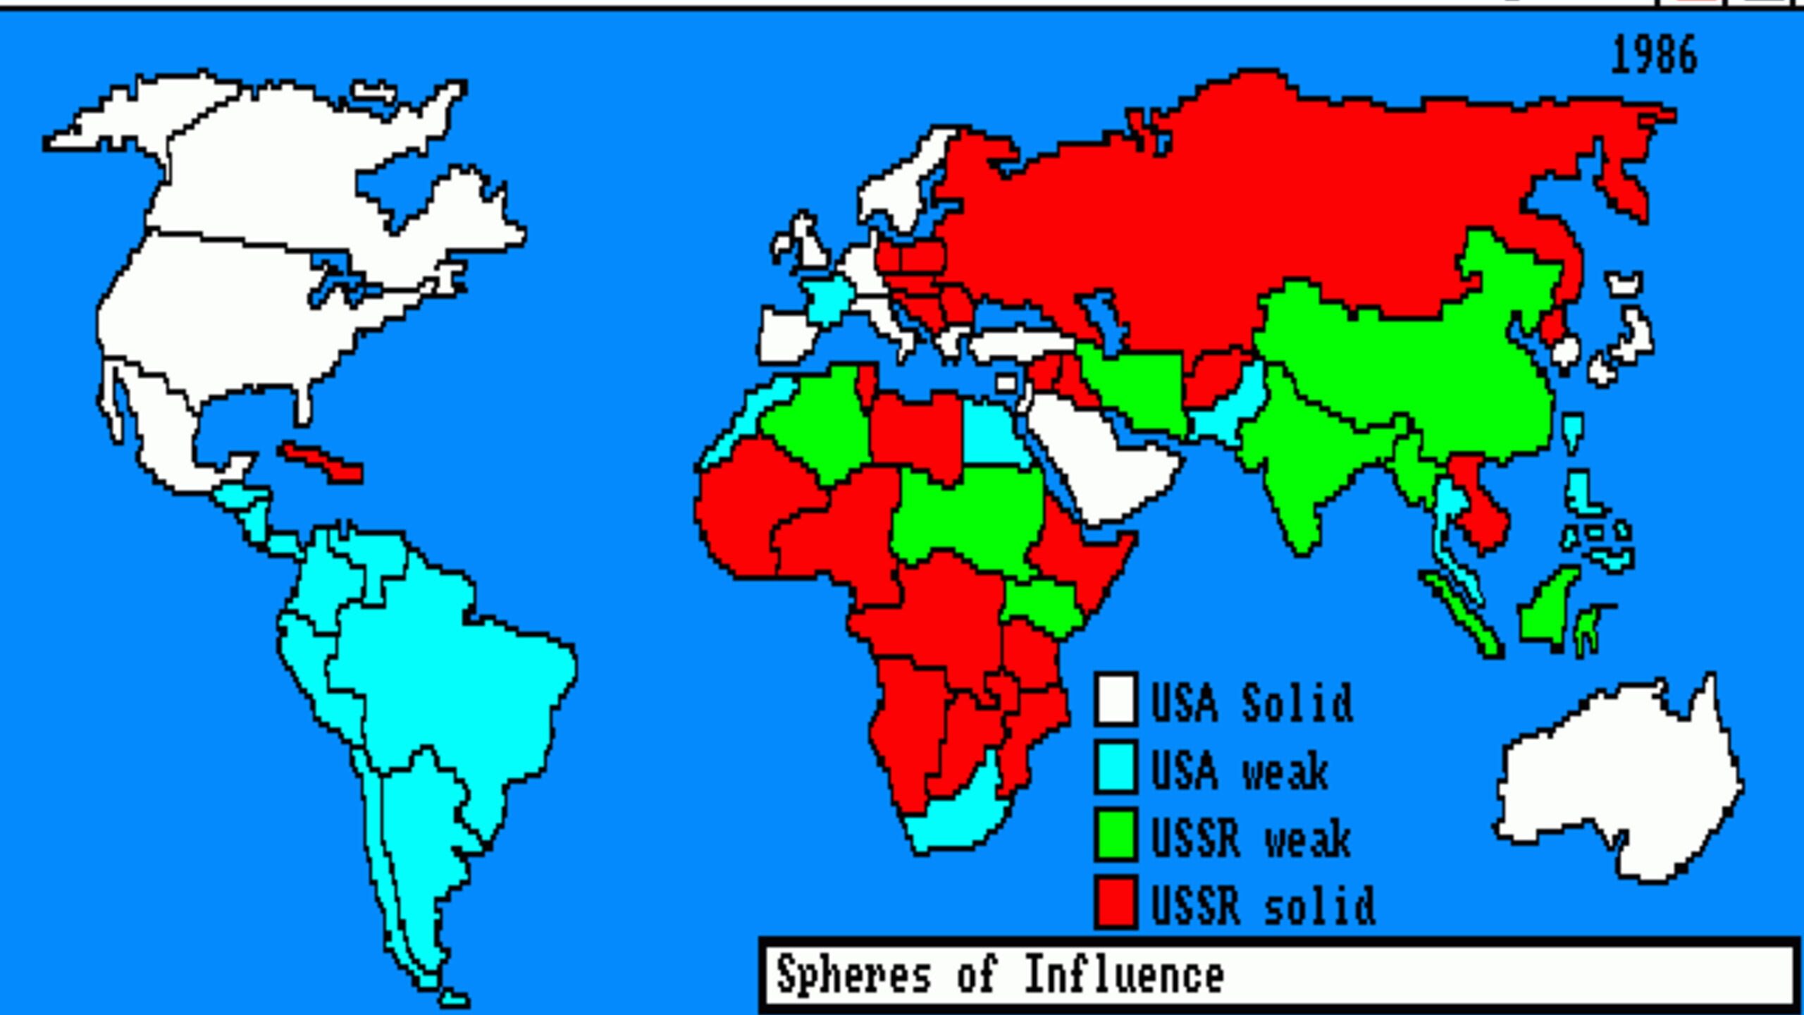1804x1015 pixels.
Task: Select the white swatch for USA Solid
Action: click(1116, 699)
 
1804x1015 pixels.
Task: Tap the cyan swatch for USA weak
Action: click(1116, 767)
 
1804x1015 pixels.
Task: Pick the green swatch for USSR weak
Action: click(1116, 835)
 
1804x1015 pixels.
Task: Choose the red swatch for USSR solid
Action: click(1116, 902)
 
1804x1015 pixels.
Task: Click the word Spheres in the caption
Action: click(853, 976)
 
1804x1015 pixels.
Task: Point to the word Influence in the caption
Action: click(1123, 976)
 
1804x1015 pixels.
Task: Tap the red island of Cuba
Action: click(321, 462)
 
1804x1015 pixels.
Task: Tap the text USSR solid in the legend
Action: click(1261, 905)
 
